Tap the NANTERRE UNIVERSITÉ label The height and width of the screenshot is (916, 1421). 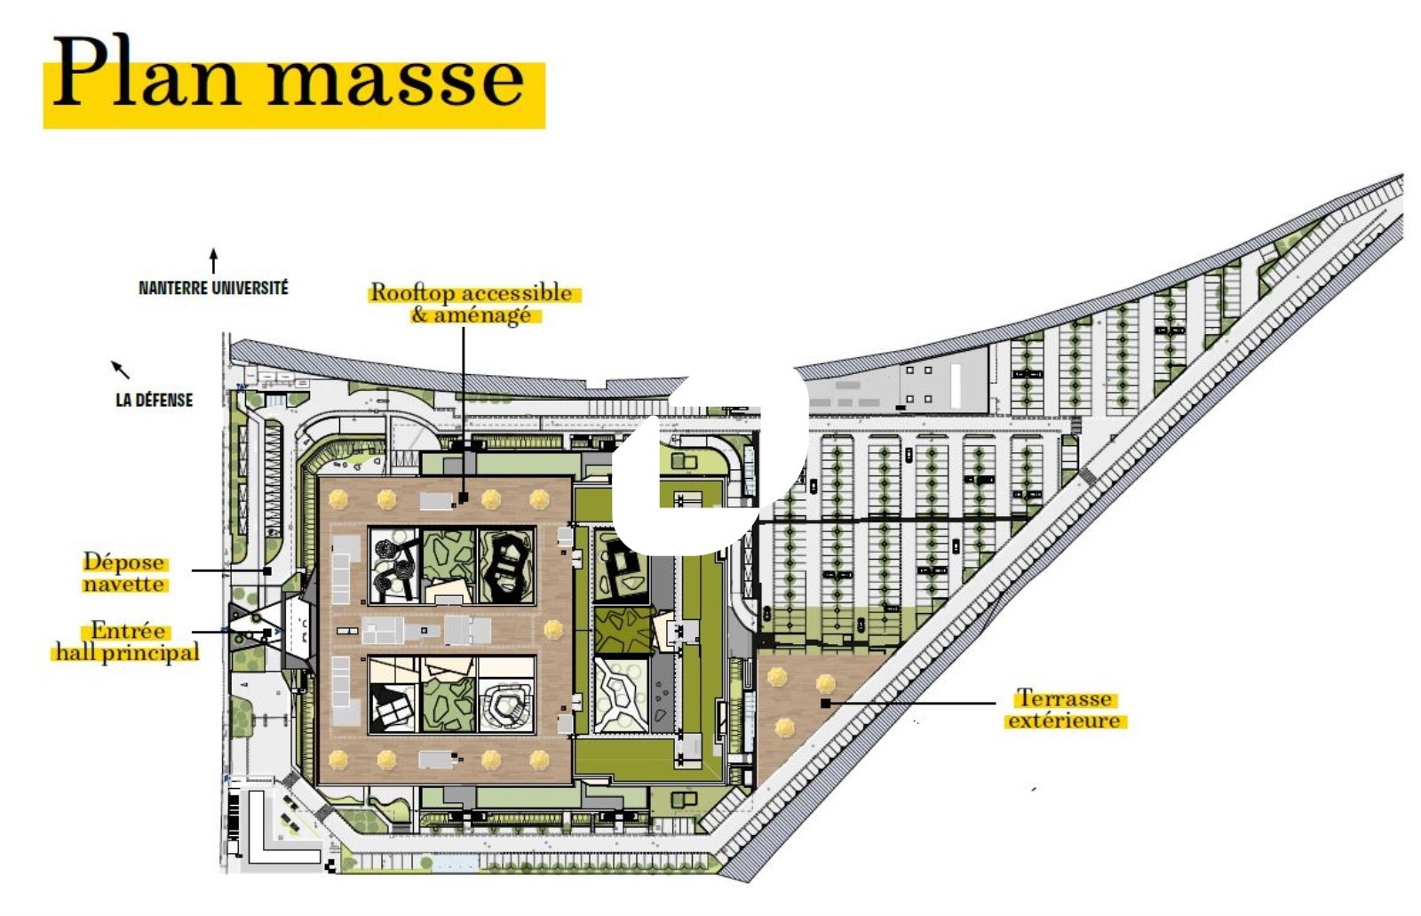click(213, 288)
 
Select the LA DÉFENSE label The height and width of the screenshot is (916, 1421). click(155, 400)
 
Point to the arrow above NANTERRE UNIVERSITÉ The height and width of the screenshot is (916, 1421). click(214, 261)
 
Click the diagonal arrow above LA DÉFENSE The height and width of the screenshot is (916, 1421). click(121, 370)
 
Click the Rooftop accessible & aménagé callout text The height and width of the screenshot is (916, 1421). click(472, 304)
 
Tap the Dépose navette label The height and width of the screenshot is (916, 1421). click(124, 572)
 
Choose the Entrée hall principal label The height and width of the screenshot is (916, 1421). click(128, 641)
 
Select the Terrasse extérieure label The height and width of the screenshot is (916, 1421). click(1065, 709)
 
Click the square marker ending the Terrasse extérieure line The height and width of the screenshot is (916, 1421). click(825, 704)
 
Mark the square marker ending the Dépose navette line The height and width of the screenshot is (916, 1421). click(267, 571)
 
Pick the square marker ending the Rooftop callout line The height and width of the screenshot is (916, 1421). click(463, 498)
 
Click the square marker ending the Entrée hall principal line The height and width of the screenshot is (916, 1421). click(267, 633)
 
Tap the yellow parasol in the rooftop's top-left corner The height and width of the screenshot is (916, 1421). click(338, 499)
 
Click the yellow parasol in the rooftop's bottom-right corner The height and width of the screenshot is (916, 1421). click(539, 760)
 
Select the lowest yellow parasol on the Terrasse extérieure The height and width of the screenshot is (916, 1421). click(785, 728)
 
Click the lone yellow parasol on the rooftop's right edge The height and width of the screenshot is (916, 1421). click(553, 629)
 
